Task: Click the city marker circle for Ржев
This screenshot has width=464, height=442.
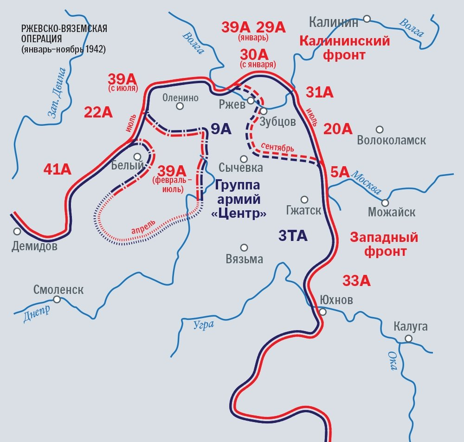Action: [x=251, y=100]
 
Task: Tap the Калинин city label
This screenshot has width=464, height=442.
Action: [x=334, y=22]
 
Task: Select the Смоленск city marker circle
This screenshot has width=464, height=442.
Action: [x=57, y=299]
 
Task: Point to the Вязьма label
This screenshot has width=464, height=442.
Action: [x=244, y=259]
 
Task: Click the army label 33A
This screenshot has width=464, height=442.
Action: [x=356, y=280]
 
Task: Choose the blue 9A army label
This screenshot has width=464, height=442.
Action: [x=221, y=129]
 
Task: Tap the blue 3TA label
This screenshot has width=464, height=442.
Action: [x=293, y=236]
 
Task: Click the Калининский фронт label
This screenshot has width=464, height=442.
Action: [x=345, y=48]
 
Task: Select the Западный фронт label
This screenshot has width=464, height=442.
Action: [x=384, y=244]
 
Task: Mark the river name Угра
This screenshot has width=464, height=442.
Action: [x=204, y=324]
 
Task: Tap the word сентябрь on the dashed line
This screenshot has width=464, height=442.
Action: [x=277, y=147]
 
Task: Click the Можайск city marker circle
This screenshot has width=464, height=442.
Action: [x=385, y=202]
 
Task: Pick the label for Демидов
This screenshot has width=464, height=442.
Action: [x=35, y=246]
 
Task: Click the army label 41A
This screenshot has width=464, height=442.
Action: [x=58, y=169]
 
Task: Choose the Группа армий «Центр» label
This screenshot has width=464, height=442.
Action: [x=238, y=200]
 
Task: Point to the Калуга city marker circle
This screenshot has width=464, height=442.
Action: [x=408, y=338]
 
